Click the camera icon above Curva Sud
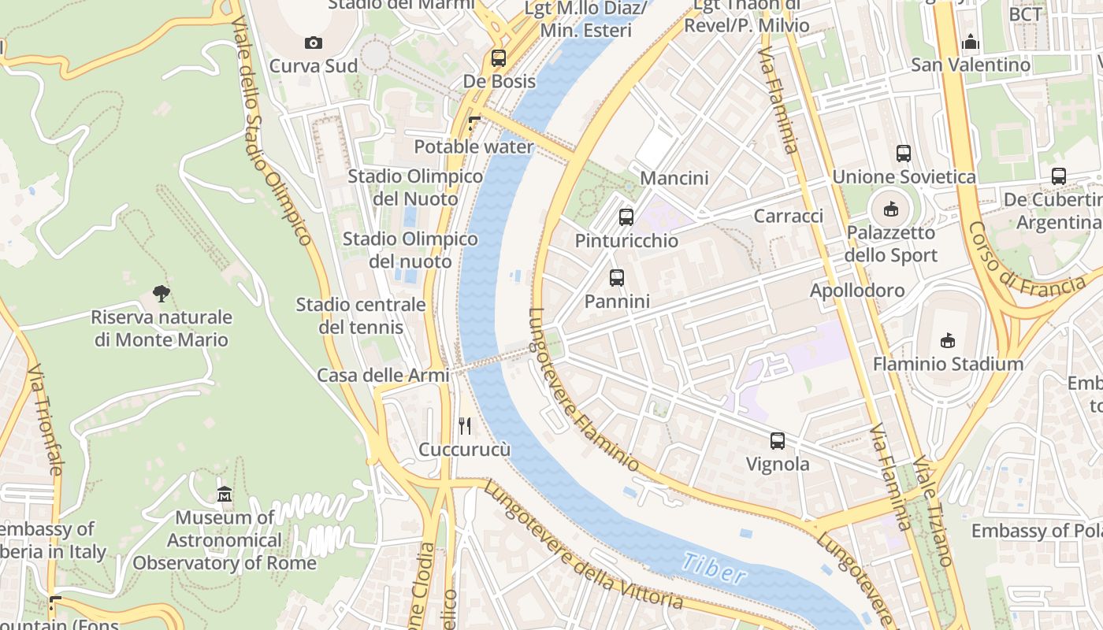coord(313,43)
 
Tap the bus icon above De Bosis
coord(498,57)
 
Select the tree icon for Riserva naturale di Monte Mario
coord(162,294)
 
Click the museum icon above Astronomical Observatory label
coord(225,495)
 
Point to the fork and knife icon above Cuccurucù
coord(465,426)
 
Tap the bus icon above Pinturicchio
coord(626,217)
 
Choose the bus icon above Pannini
coord(617,277)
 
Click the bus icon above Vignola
coord(778,441)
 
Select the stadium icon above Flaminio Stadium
coord(948,340)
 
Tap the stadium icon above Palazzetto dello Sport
coord(890,209)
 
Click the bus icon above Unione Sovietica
coord(904,154)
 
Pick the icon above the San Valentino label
coord(971,42)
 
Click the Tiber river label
coord(714,568)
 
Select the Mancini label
coord(674,178)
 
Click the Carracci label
coord(788,216)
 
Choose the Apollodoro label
coord(857,291)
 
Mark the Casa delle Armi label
coord(383,376)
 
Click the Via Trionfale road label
coord(44,418)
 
